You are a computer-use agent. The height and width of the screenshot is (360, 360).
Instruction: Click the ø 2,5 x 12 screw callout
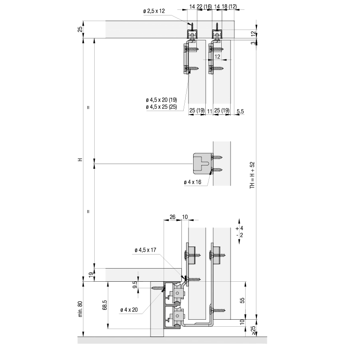click(154, 11)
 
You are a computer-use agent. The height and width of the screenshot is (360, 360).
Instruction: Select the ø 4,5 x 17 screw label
click(146, 250)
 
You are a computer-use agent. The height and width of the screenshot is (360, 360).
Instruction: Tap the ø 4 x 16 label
click(192, 182)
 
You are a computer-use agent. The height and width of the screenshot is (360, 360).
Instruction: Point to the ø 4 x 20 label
click(129, 310)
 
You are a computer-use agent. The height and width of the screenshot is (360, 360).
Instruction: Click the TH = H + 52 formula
click(252, 175)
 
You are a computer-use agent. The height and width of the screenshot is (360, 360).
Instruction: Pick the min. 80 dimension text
click(80, 309)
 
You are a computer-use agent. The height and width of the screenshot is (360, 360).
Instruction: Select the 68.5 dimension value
click(105, 305)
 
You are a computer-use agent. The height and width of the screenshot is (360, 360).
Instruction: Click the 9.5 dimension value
click(135, 285)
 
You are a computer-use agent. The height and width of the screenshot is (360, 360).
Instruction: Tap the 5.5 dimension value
click(240, 112)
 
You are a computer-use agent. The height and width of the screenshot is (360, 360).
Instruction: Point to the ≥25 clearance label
click(253, 330)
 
